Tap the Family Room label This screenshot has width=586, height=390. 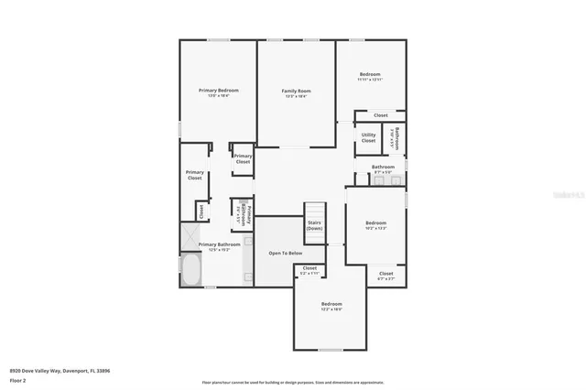(x=296, y=91)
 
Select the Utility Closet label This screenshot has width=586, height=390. (x=368, y=137)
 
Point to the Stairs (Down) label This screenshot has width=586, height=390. (x=314, y=225)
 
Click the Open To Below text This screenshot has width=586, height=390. (x=285, y=253)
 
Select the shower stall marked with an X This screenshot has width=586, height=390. (x=190, y=236)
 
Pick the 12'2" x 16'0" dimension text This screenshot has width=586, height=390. (x=331, y=309)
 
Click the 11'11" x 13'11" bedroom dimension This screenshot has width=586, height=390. (x=369, y=80)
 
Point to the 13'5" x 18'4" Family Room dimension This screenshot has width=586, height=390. (x=296, y=96)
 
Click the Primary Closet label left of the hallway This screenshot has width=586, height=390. (x=194, y=175)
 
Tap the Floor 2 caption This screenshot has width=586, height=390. (x=17, y=379)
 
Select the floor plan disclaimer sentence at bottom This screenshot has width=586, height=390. (x=293, y=382)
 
